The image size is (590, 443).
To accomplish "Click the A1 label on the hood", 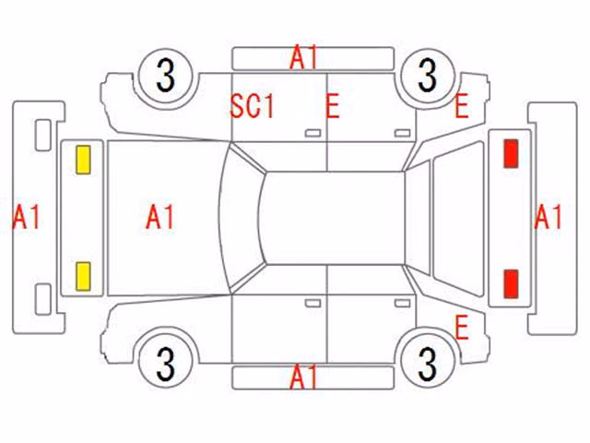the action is click(x=159, y=217).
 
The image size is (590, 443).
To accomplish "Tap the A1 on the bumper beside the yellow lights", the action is click(x=26, y=217).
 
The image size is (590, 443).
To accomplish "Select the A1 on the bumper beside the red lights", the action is click(x=548, y=217).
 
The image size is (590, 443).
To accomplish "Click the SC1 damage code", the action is click(x=252, y=106).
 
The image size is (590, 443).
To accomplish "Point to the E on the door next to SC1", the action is click(x=332, y=106).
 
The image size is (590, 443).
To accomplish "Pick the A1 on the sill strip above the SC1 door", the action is click(x=303, y=57).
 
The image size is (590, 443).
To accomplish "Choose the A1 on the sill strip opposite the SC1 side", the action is click(x=303, y=377).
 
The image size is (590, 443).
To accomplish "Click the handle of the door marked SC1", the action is click(x=313, y=133).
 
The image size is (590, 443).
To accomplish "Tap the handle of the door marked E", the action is click(x=402, y=133).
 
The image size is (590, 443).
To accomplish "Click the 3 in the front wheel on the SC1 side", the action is click(x=166, y=76).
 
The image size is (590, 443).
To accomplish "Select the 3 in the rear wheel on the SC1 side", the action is click(x=427, y=76).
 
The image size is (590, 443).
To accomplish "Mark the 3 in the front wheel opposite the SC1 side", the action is click(x=166, y=364).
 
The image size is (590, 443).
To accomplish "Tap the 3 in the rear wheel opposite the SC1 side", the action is click(x=427, y=364).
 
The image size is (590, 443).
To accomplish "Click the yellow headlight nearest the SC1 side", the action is click(x=83, y=160).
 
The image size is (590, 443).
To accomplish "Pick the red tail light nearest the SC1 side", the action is click(x=511, y=153).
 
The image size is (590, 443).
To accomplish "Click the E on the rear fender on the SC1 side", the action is click(x=461, y=106).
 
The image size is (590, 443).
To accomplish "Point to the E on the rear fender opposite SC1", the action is click(x=461, y=328).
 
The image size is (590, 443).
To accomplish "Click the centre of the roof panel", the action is click(x=334, y=218).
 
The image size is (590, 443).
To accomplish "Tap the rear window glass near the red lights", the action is click(x=458, y=218).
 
